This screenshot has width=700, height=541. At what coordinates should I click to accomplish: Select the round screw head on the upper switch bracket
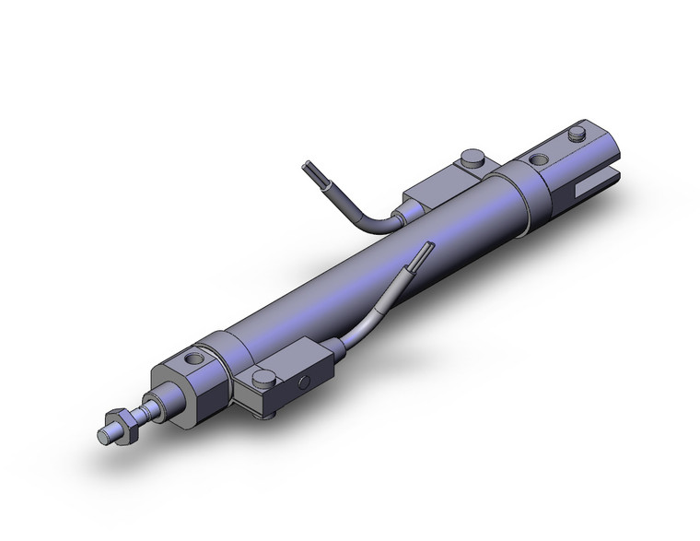[474, 157]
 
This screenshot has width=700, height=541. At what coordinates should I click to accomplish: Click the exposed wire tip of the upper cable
[309, 171]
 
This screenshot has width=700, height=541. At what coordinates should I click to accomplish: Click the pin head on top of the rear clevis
[578, 135]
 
